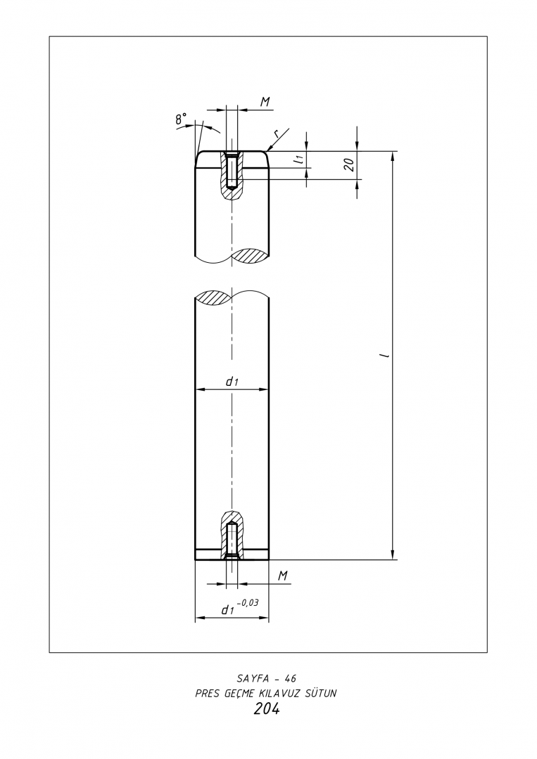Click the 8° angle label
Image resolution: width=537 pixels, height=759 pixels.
181,118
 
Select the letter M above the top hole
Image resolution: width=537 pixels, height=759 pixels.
265,102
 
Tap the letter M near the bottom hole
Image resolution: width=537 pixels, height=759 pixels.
284,576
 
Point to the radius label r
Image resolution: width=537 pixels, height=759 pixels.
276,134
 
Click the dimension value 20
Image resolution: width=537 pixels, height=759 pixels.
349,164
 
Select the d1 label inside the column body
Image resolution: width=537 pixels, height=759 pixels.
232,382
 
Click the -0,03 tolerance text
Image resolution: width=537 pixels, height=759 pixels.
248,603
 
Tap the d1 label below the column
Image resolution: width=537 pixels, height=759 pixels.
228,611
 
